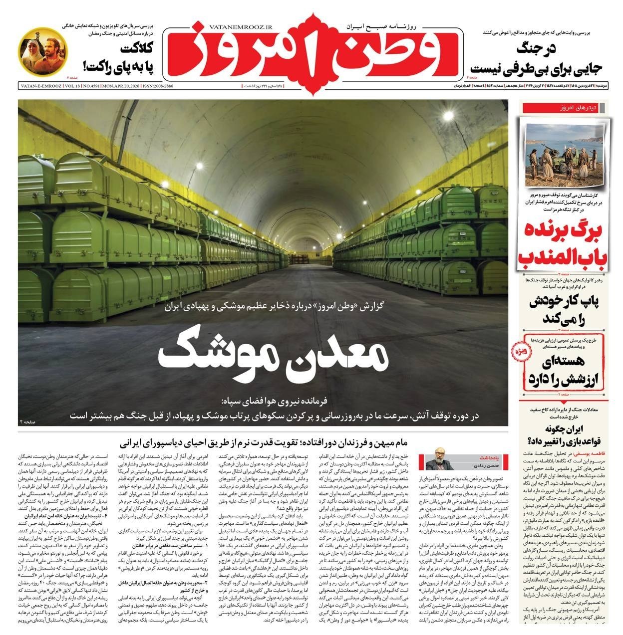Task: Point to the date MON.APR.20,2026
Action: coord(120,86)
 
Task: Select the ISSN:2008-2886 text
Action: coord(157,86)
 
